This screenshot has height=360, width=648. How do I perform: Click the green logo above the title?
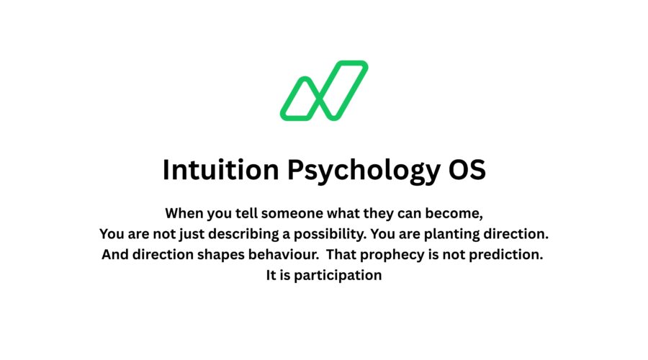(x=324, y=91)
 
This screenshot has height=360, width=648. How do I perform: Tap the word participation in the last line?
(x=338, y=275)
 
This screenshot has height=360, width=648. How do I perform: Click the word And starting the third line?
(x=115, y=255)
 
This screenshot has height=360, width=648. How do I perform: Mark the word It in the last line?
(x=272, y=275)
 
